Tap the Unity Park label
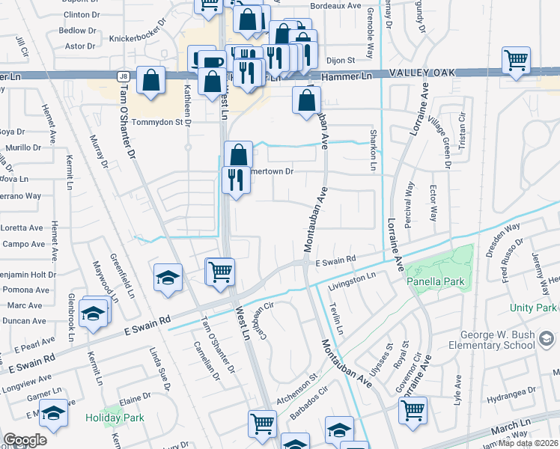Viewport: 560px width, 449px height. click(533, 308)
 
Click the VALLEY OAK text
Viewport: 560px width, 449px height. click(422, 73)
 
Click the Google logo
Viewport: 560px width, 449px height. click(25, 440)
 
